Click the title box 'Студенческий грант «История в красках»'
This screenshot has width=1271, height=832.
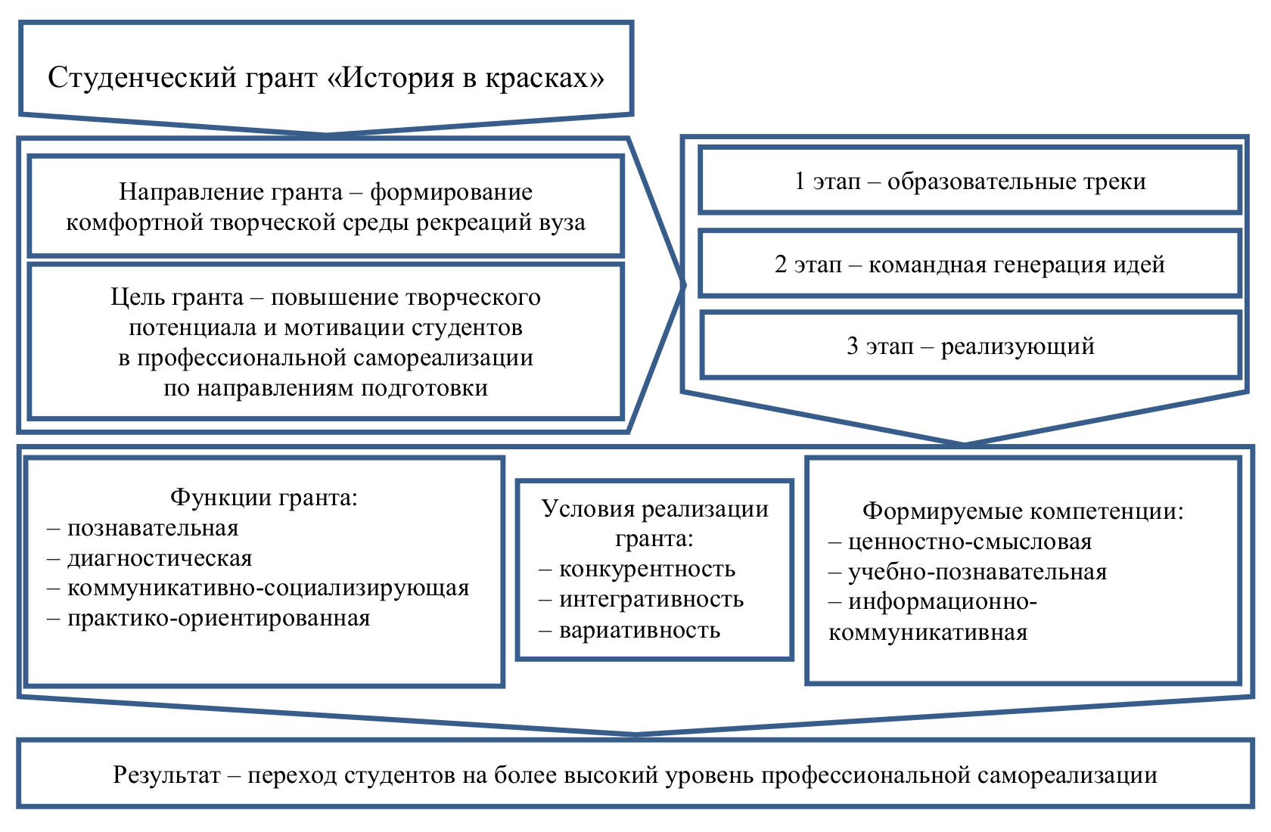326,77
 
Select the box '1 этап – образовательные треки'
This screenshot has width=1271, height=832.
970,182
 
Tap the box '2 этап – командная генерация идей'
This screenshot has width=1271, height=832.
970,265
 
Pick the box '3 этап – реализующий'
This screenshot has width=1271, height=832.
971,346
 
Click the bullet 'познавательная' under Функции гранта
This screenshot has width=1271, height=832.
153,528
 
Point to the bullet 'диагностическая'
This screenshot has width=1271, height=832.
160,558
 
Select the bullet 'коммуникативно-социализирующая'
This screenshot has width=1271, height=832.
268,588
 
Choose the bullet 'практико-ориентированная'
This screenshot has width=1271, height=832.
219,618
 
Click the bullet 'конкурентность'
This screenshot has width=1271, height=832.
647,569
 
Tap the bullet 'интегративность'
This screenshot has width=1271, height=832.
651,599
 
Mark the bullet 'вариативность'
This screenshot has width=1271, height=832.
639,630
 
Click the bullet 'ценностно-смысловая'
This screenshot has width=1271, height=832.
970,542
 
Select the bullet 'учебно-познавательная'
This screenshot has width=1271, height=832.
977,572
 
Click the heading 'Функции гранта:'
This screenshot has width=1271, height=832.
263,497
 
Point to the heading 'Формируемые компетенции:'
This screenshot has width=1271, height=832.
1023,511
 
